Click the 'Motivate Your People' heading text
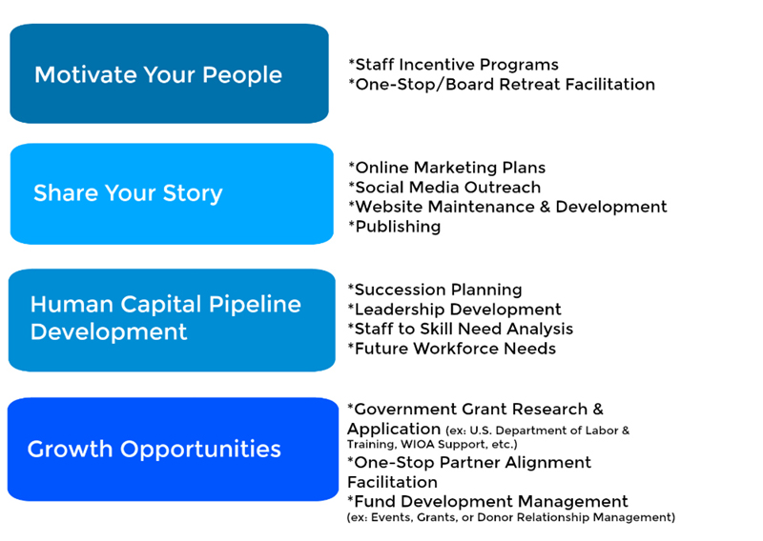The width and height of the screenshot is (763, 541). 158,75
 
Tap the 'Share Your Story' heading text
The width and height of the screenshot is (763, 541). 128,193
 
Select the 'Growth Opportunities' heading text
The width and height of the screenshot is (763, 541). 155,450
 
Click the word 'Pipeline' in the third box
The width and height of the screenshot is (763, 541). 255,305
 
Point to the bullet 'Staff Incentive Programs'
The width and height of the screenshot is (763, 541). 454,64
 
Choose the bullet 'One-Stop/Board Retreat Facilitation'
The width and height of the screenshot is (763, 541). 502,84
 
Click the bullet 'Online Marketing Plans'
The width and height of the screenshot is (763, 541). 446,168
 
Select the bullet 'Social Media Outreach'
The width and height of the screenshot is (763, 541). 444,187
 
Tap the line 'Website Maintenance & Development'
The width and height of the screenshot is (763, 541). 507,207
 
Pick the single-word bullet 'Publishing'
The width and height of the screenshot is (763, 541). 395,227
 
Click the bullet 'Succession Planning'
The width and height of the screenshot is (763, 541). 435,290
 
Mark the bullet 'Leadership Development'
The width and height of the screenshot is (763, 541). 454,310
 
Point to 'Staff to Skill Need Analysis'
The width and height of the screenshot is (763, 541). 461,329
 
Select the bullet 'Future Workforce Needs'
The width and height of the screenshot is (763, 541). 451,349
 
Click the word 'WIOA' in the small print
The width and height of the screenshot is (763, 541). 417,444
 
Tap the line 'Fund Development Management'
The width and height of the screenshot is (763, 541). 487,501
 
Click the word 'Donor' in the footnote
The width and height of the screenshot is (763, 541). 495,517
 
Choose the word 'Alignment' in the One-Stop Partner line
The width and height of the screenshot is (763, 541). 547,462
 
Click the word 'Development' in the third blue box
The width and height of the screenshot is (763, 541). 109,332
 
